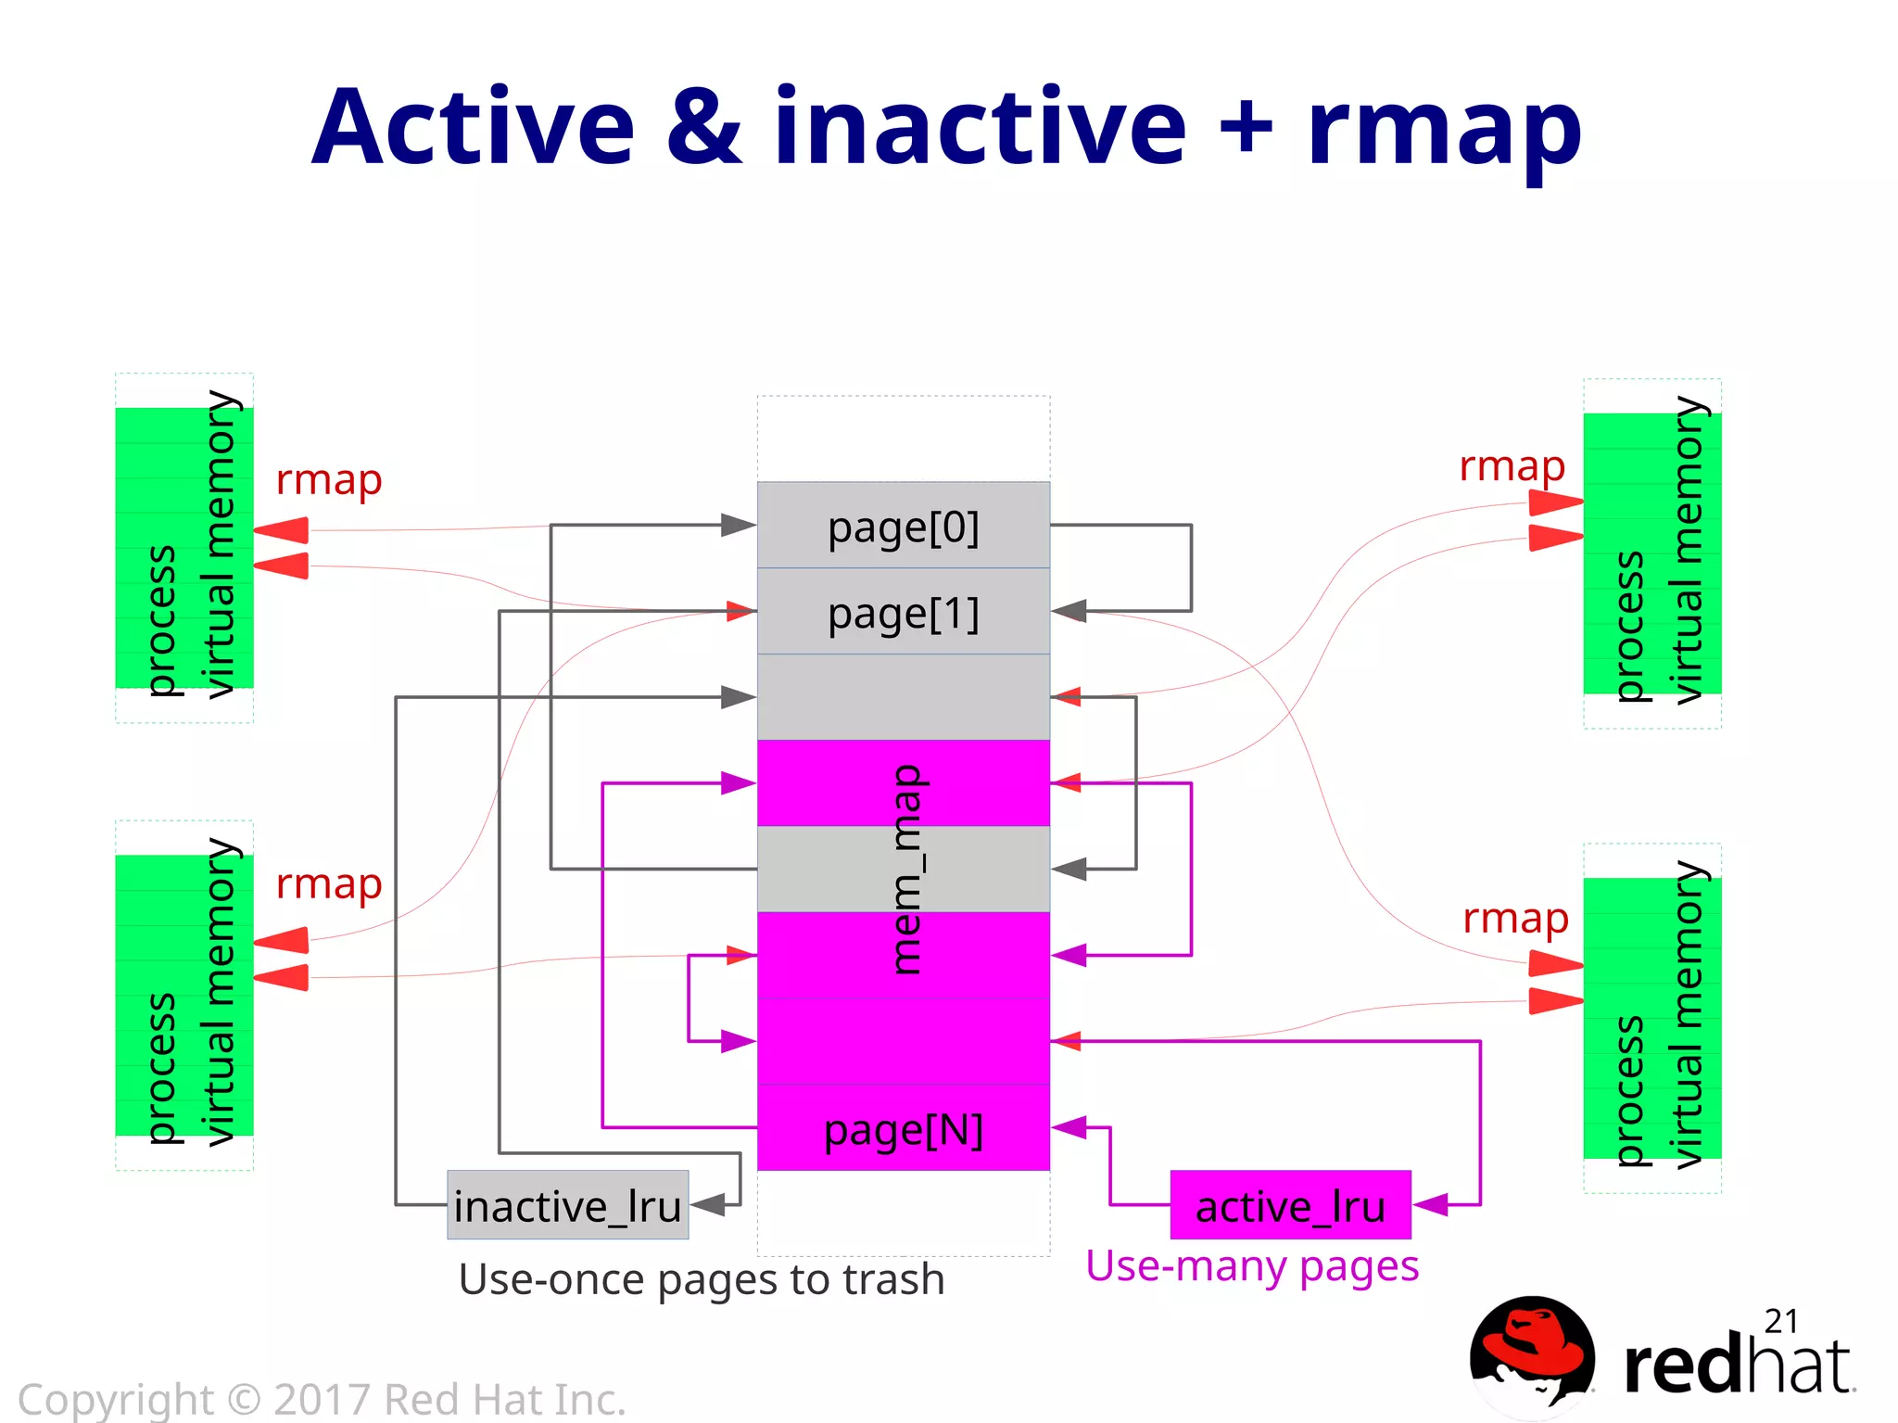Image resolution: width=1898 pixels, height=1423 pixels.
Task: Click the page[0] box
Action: [x=903, y=526]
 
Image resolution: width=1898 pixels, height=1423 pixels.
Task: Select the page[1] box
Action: [x=903, y=612]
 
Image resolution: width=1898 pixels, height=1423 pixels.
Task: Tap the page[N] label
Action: [x=903, y=1130]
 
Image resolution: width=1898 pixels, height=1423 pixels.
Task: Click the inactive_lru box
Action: [x=567, y=1205]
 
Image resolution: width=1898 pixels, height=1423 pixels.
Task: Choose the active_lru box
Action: [x=1290, y=1205]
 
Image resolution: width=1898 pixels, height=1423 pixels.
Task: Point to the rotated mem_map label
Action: [x=905, y=869]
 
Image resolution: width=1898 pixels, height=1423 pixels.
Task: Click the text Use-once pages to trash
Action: [x=702, y=1279]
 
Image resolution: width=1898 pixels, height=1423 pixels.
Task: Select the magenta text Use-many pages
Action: [x=1251, y=1265]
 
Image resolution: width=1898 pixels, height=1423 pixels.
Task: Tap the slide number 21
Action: [x=1780, y=1321]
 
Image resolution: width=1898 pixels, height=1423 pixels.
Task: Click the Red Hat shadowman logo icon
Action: [x=1531, y=1353]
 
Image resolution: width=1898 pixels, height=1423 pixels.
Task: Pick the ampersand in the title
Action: [x=704, y=127]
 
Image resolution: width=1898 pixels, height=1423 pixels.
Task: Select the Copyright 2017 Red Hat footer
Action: [x=322, y=1399]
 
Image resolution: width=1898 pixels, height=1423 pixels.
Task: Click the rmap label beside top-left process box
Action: [x=328, y=480]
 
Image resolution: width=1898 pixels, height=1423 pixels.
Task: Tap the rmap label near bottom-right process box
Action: [x=1515, y=919]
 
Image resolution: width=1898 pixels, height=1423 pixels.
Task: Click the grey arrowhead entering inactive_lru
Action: [x=709, y=1204]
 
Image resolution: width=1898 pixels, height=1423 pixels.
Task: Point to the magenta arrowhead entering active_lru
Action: [x=1431, y=1204]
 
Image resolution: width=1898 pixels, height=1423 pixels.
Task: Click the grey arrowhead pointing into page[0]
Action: [x=739, y=525]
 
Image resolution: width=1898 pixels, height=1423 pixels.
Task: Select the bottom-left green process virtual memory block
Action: [x=183, y=995]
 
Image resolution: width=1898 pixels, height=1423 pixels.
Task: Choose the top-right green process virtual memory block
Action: [x=1651, y=553]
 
